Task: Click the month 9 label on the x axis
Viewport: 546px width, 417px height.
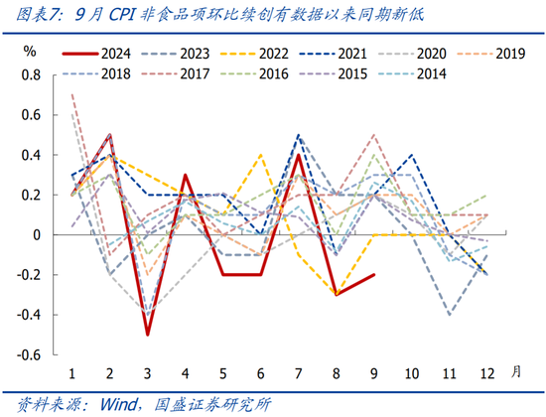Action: tap(372, 372)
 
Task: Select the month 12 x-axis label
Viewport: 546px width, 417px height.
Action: tap(485, 372)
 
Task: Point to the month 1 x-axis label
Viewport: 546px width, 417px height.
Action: tap(72, 372)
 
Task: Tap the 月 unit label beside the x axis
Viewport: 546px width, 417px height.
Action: tap(515, 371)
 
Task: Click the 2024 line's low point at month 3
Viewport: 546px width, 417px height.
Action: tap(147, 335)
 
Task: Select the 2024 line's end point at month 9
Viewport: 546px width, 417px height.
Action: tap(372, 275)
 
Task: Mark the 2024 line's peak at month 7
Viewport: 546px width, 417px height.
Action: tap(298, 155)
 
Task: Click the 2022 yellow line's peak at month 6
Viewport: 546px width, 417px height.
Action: tap(260, 155)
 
